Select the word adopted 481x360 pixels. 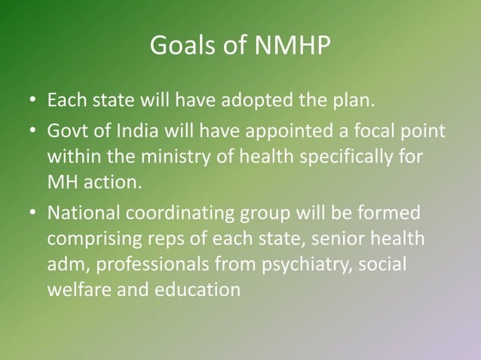point(267,100)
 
